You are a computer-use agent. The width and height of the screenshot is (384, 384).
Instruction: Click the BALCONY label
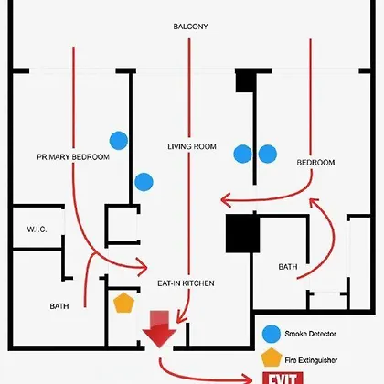click(190, 27)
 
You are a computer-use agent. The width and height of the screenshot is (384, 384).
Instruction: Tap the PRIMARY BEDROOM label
click(73, 157)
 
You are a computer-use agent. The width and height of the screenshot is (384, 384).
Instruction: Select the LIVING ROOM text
click(192, 146)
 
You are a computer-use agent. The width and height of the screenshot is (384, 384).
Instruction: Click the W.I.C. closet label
click(37, 229)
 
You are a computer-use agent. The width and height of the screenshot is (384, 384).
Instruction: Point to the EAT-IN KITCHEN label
click(186, 283)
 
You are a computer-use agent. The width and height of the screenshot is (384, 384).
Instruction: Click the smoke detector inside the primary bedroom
click(119, 141)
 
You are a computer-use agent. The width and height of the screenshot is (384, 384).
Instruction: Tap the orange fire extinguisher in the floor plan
click(123, 303)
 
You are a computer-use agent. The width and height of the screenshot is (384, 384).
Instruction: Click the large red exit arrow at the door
click(159, 329)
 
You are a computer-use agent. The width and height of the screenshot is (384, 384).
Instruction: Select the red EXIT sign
click(283, 378)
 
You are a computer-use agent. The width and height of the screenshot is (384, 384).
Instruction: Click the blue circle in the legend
click(272, 334)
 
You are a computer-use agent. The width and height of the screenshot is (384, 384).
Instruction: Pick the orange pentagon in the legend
click(271, 357)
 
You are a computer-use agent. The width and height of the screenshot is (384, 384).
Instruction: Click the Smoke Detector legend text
click(311, 334)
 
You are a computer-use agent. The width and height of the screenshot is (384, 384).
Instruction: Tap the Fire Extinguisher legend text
click(311, 360)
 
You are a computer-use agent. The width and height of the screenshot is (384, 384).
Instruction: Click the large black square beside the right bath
click(242, 233)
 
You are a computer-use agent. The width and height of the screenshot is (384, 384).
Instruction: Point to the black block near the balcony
click(245, 80)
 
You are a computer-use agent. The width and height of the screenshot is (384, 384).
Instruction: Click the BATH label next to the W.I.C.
click(59, 306)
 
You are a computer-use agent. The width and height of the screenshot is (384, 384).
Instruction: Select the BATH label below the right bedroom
click(288, 267)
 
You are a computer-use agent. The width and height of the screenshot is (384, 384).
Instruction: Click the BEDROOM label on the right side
click(315, 163)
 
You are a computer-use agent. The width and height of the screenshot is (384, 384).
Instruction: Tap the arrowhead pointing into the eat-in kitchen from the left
click(143, 267)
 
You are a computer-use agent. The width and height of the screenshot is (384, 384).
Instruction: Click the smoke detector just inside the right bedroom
click(268, 154)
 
